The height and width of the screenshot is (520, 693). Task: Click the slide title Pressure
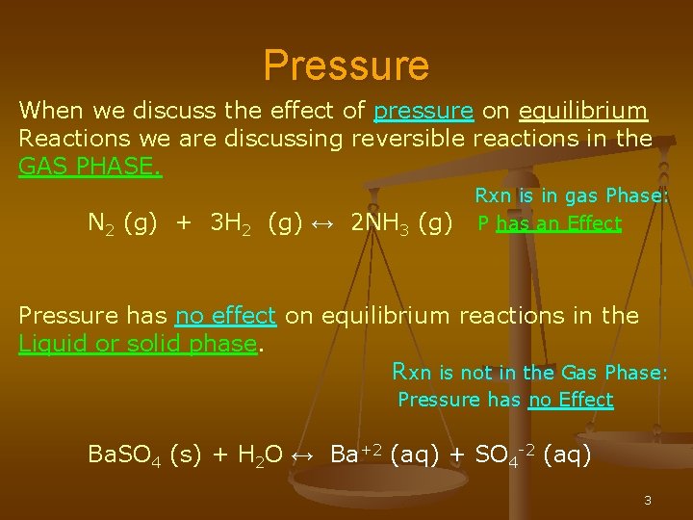pos(346,65)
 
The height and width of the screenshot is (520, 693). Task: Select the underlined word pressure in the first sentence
pos(423,111)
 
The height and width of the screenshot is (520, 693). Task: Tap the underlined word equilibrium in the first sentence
pos(582,111)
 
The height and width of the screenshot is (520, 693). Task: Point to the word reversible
pos(408,139)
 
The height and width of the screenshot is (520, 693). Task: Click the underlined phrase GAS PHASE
pos(90,167)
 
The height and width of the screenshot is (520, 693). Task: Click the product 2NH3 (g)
pos(402,223)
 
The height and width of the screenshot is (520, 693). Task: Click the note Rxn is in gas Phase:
pos(571,195)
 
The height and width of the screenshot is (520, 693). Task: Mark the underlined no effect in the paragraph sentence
pos(225,315)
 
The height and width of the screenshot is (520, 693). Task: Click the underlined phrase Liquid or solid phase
pos(138,343)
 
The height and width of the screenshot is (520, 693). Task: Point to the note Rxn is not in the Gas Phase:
pos(529,372)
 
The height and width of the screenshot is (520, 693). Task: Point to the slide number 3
pos(648,501)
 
